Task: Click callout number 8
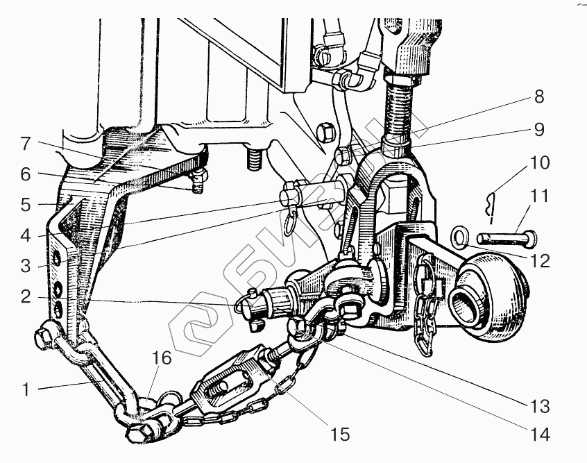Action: (x=538, y=96)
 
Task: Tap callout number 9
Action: (x=538, y=129)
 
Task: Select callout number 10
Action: (x=539, y=162)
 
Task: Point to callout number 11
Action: (x=539, y=196)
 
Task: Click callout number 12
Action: (x=539, y=261)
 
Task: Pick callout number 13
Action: (x=539, y=407)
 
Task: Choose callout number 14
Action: (x=539, y=435)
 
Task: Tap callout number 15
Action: (x=340, y=435)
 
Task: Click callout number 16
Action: (x=162, y=358)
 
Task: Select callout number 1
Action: (x=26, y=389)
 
